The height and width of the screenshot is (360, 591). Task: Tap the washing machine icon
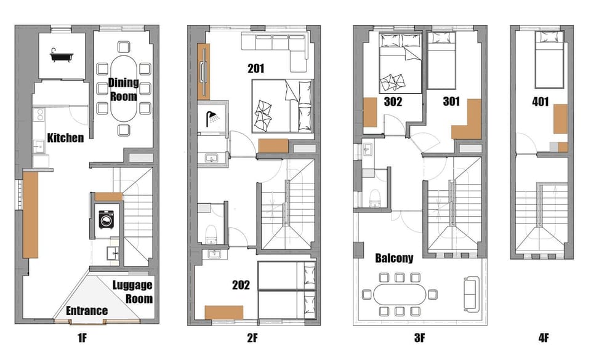107,219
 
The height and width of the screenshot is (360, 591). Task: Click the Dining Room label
123,89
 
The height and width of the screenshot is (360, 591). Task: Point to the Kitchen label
66,138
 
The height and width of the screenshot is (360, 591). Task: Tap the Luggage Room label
133,292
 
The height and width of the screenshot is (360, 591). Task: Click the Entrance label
87,311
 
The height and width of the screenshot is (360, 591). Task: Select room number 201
256,68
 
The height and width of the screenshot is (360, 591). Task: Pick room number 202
241,285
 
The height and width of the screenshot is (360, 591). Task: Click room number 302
393,102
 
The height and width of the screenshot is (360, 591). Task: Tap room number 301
451,101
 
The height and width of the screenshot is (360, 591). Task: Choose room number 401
540,102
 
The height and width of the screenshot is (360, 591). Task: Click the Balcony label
394,258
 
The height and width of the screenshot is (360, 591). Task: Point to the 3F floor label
419,338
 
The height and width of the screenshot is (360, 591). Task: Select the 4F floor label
544,338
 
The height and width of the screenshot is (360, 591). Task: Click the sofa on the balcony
471,294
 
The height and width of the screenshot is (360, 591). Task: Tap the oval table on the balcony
400,294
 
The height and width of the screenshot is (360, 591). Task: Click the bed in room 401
550,60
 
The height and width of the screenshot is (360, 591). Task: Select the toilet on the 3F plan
375,198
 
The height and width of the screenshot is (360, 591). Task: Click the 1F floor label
82,338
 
